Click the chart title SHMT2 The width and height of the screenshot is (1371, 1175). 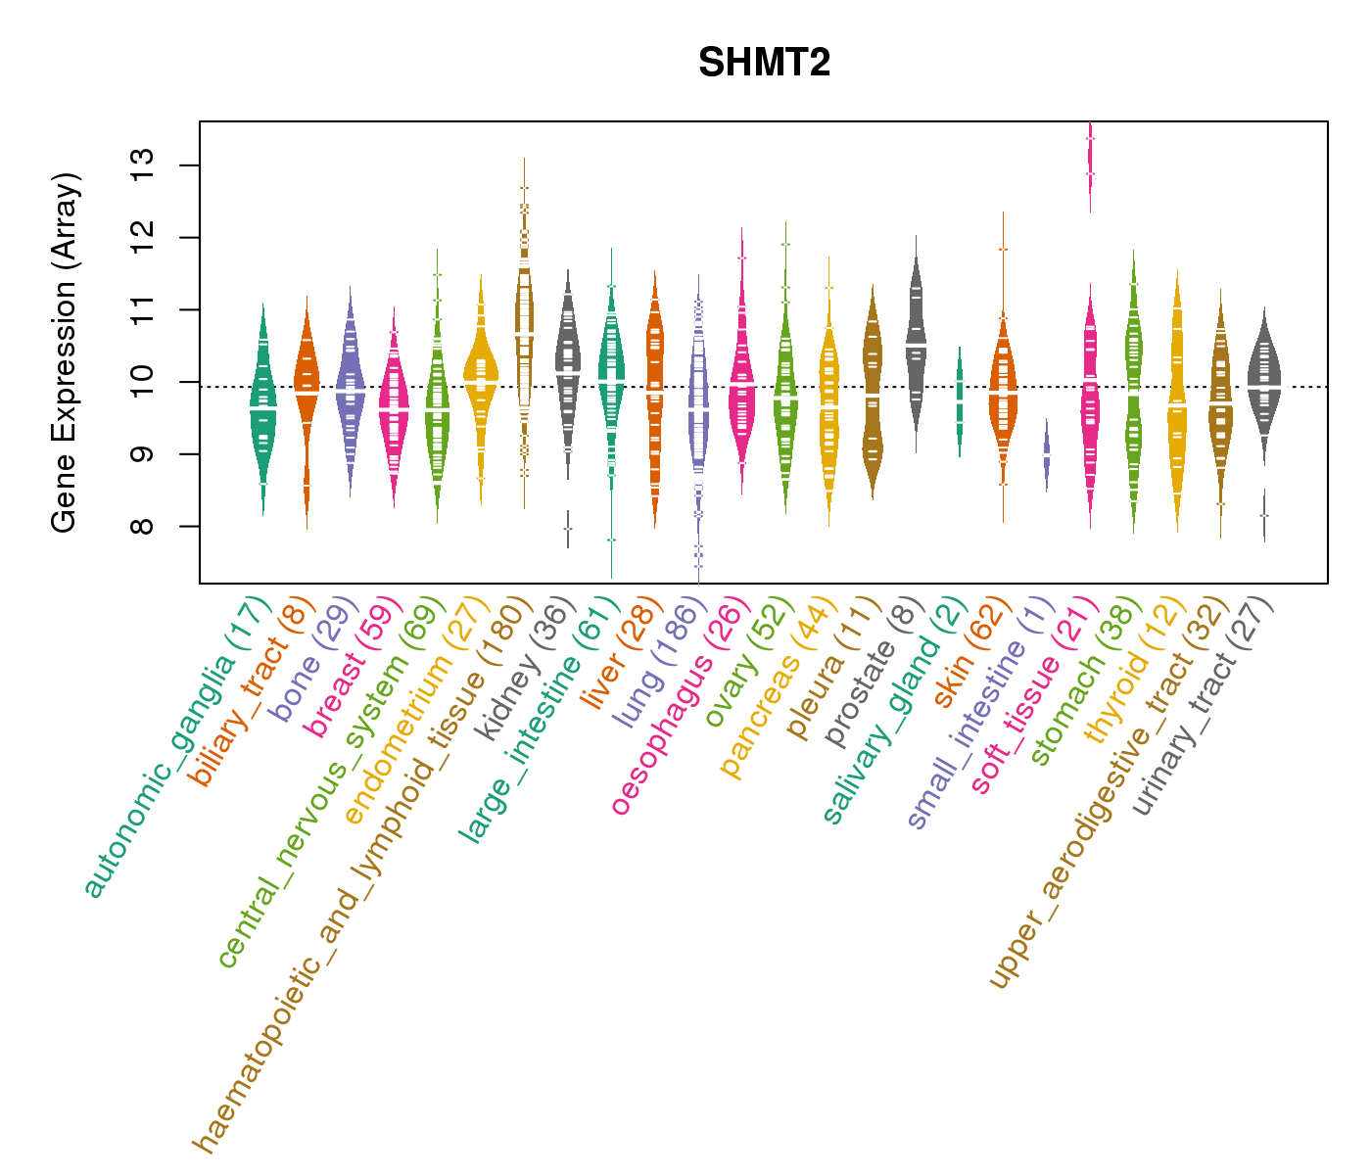tap(764, 64)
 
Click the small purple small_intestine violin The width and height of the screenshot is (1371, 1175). tap(1047, 456)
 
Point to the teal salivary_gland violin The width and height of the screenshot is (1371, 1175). tap(960, 401)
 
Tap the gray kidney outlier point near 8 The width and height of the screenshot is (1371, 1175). tap(568, 529)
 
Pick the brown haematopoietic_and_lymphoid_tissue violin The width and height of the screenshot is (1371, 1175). tap(525, 333)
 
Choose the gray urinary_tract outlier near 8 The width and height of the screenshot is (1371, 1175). tap(1264, 515)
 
